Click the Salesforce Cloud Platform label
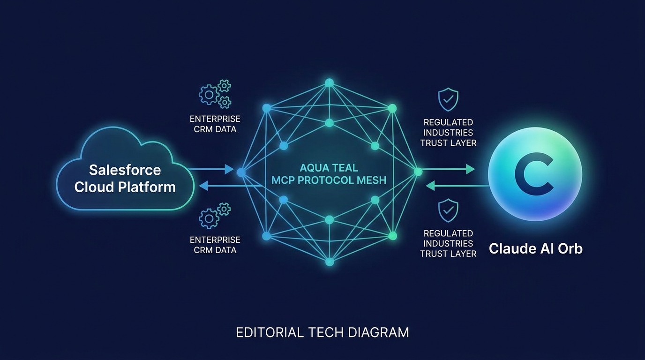(125, 178)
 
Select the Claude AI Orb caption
(536, 248)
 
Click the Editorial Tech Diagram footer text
(322, 332)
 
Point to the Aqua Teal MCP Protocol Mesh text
(329, 174)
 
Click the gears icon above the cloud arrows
(215, 94)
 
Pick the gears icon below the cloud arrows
(215, 216)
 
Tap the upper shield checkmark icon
(448, 99)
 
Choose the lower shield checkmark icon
(448, 210)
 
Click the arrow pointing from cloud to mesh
(211, 169)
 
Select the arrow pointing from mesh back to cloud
(230, 186)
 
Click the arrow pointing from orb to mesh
(458, 186)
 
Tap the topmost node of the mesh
(329, 83)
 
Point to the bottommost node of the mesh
(330, 262)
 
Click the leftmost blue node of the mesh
(241, 172)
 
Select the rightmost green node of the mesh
(418, 172)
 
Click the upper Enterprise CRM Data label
(215, 124)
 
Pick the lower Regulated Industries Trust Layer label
(448, 243)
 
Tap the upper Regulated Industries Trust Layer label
(448, 133)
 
